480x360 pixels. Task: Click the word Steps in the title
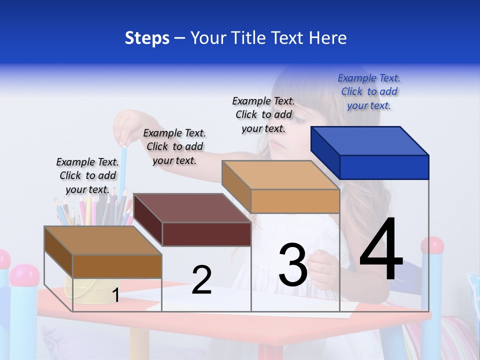pyautogui.click(x=147, y=38)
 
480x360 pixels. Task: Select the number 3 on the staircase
pyautogui.click(x=293, y=265)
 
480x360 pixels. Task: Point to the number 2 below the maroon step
pyautogui.click(x=201, y=280)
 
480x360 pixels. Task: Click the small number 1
pyautogui.click(x=116, y=295)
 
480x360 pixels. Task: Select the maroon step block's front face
pyautogui.click(x=206, y=234)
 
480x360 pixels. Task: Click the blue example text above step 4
pyautogui.click(x=369, y=91)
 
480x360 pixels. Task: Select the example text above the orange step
pyautogui.click(x=263, y=114)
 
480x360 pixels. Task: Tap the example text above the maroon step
pyautogui.click(x=174, y=146)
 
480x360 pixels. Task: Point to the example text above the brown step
pyautogui.click(x=87, y=175)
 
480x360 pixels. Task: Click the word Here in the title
pyautogui.click(x=328, y=38)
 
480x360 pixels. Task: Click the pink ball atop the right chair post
pyautogui.click(x=432, y=245)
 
